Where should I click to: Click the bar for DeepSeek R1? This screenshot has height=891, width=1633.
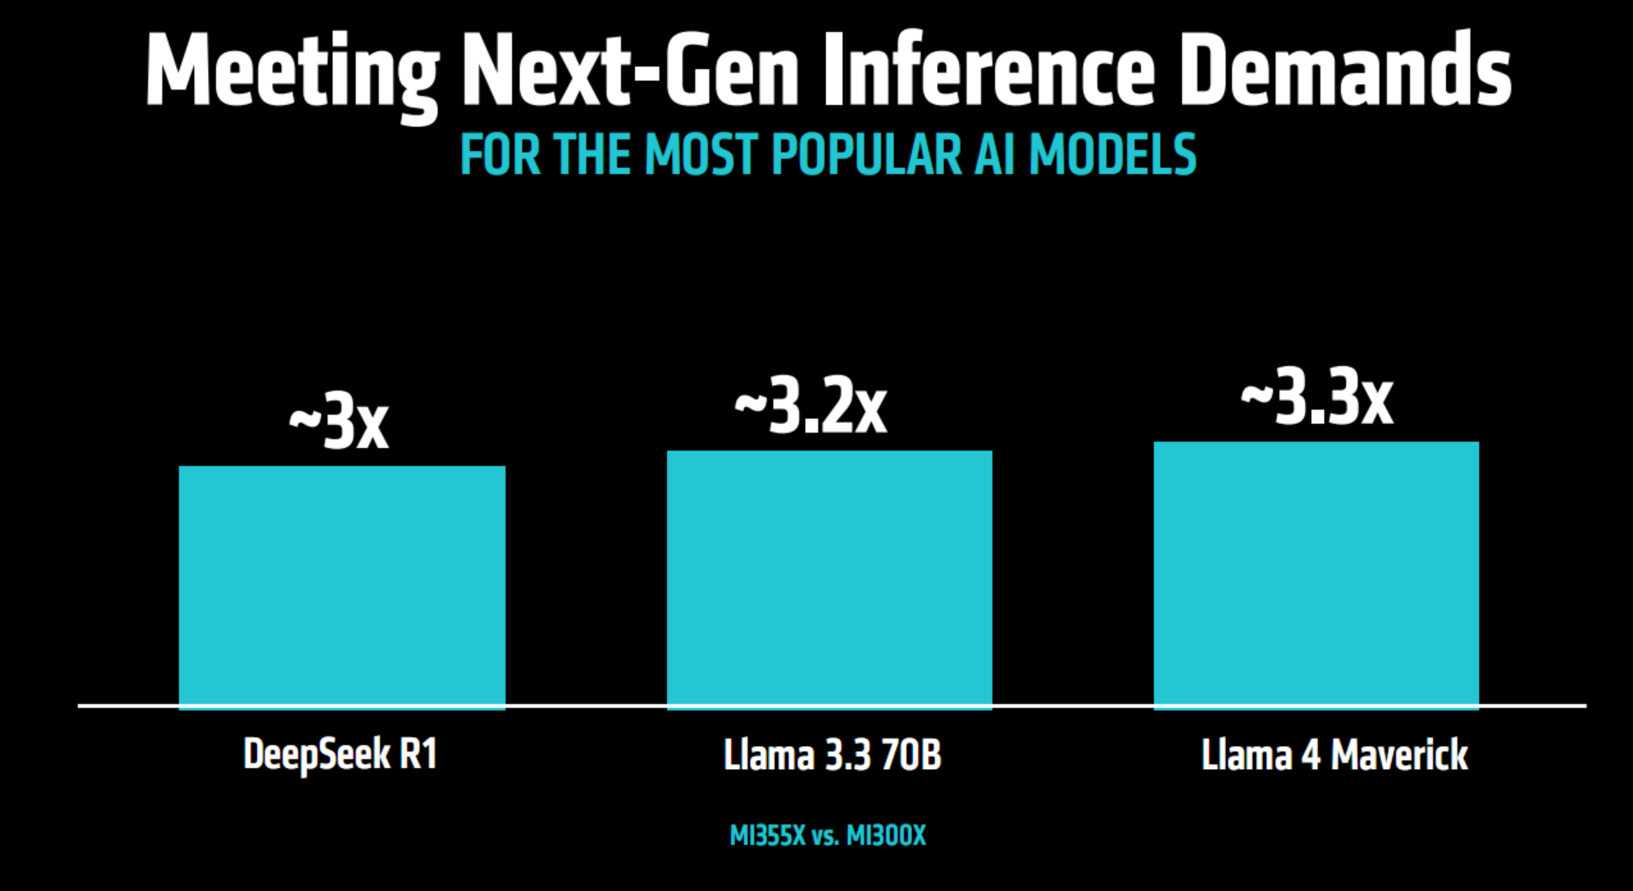(342, 586)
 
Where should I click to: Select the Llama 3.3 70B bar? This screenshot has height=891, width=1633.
(829, 579)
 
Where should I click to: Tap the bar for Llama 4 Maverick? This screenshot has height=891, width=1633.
(1316, 574)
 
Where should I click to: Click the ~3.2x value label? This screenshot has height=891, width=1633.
(811, 407)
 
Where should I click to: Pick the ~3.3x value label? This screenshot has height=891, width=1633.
(1317, 399)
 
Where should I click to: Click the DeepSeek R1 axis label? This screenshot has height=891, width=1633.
(340, 754)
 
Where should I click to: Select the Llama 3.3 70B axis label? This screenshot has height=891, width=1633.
(832, 755)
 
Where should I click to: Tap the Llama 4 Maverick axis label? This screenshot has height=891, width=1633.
(1334, 755)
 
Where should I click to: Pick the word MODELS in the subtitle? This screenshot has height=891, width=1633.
(1113, 155)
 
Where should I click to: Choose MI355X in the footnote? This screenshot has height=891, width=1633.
(767, 836)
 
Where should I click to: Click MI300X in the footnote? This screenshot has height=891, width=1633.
(886, 836)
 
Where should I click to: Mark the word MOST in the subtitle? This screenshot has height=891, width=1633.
(701, 155)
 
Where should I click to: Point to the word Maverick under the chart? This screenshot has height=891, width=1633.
(1399, 755)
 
